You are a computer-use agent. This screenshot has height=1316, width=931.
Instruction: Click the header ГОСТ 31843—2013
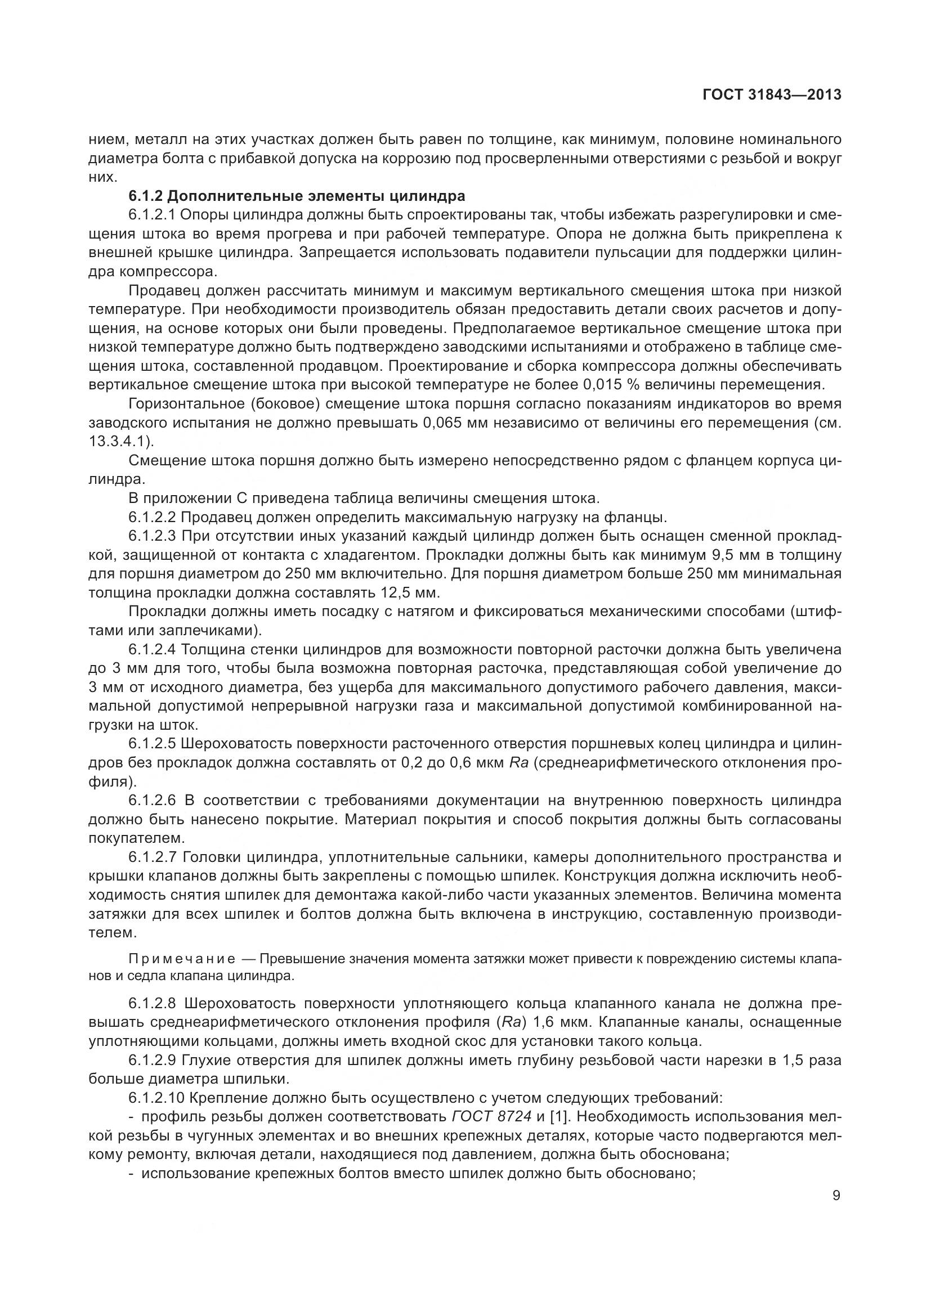[x=772, y=95]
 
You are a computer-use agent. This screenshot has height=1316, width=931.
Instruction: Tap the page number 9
[x=836, y=1196]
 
